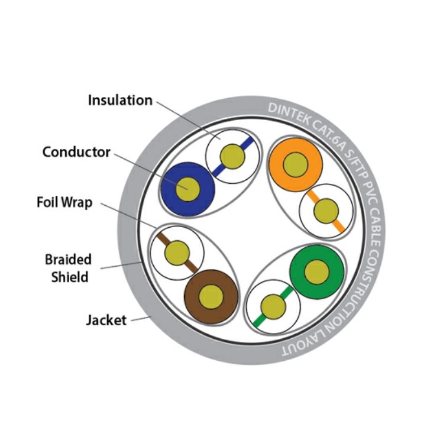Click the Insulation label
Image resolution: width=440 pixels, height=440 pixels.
(120, 100)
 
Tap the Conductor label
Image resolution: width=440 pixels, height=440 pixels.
(76, 152)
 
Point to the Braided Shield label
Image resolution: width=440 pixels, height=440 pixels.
(69, 267)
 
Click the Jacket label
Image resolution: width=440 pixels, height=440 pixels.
(106, 320)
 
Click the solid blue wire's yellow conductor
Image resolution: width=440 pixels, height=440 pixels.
(187, 188)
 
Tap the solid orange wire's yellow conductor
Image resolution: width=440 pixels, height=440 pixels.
(295, 164)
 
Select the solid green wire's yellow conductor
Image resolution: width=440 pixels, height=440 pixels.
(316, 271)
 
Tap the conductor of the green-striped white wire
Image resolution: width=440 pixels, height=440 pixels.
(273, 306)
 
